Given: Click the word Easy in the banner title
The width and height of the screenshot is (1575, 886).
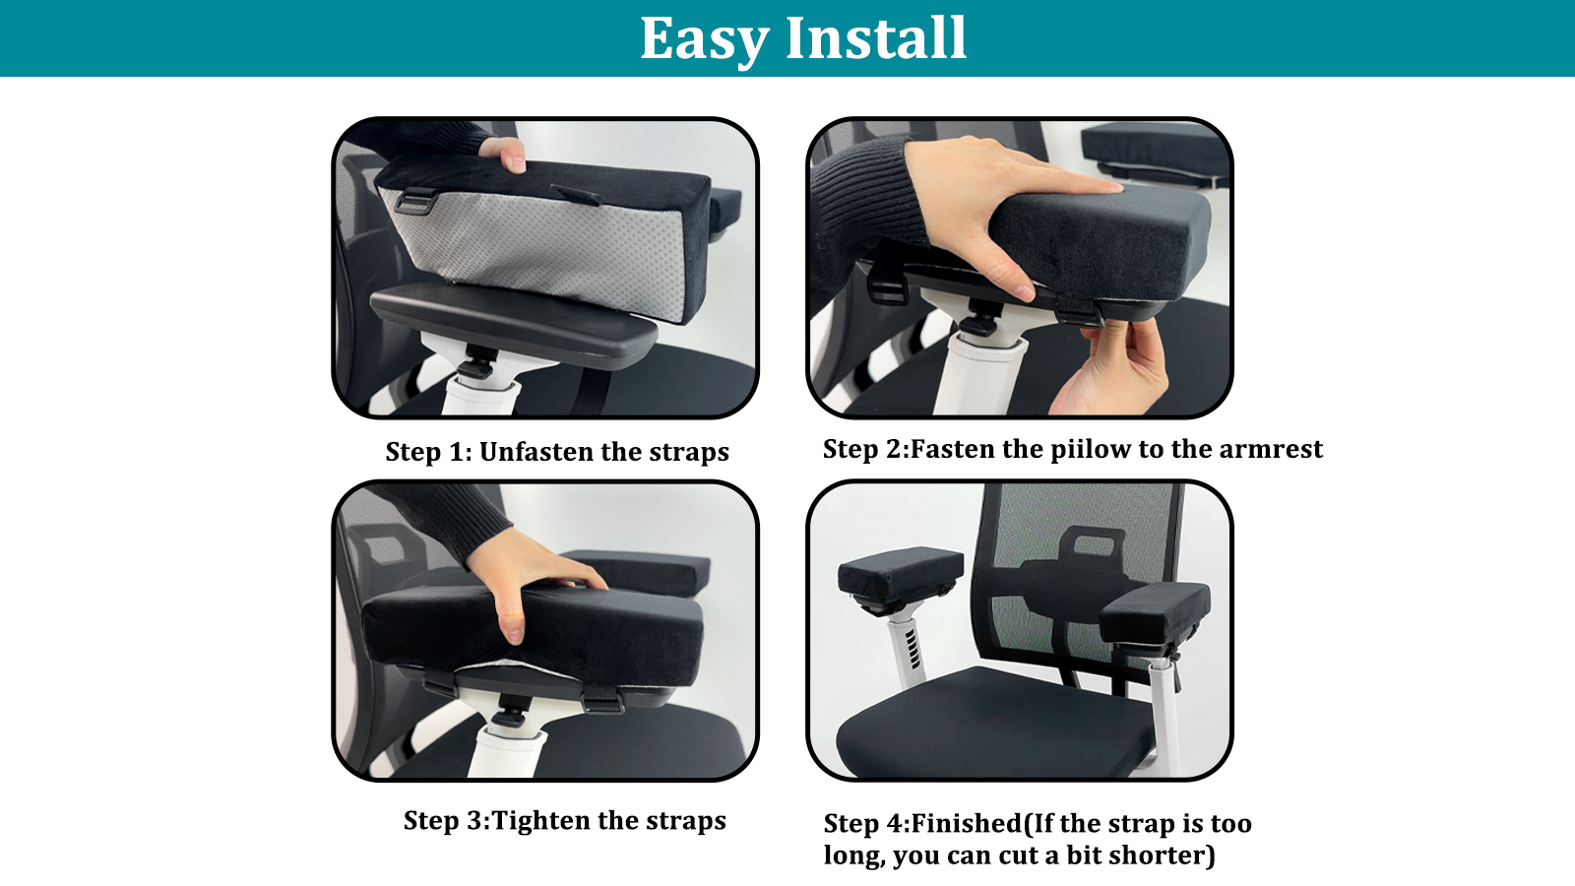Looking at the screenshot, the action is click(704, 38).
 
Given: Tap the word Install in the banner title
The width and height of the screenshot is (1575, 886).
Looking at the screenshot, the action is click(876, 37).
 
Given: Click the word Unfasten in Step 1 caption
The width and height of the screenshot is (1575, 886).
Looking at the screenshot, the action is click(537, 452).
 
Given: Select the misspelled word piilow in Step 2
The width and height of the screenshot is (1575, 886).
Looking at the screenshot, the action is click(1090, 450).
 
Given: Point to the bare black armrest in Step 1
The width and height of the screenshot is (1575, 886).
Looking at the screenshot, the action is click(513, 325).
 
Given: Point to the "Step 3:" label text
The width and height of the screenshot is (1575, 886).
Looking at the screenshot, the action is click(447, 821).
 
